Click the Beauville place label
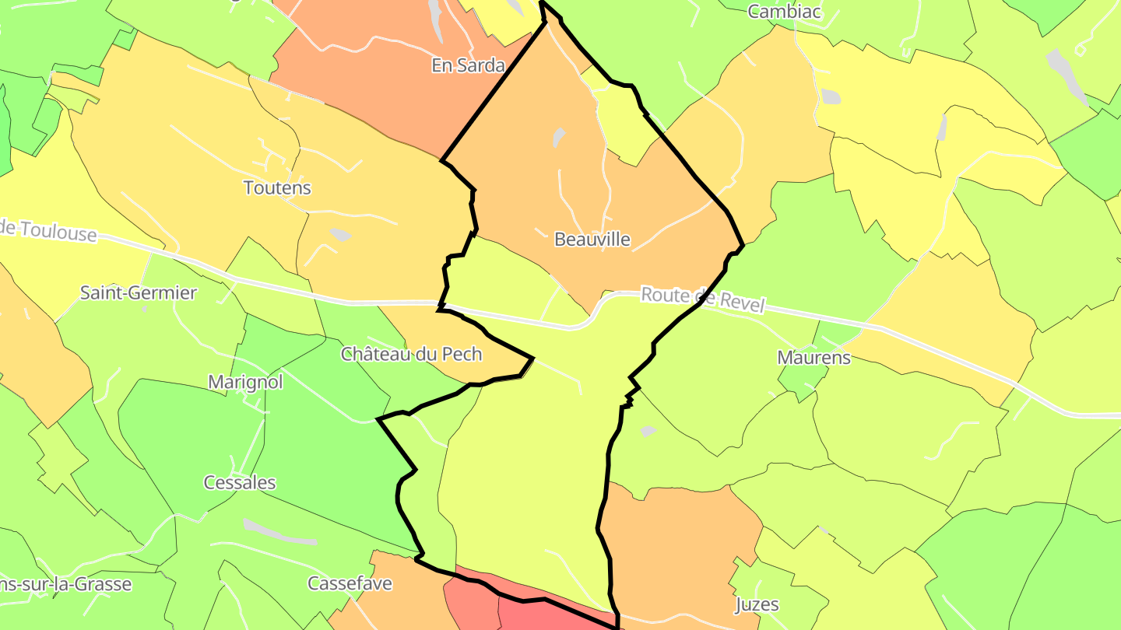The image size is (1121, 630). click(x=592, y=239)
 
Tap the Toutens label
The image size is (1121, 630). click(x=277, y=187)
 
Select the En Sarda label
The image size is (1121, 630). click(x=468, y=65)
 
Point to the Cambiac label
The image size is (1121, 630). click(x=774, y=11)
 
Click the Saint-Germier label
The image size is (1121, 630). click(x=139, y=292)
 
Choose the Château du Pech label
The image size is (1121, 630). click(x=411, y=354)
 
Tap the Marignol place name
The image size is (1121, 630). click(x=245, y=382)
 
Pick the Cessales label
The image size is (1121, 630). click(x=240, y=482)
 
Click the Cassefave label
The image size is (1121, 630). click(x=350, y=583)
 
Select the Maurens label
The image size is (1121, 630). click(x=814, y=358)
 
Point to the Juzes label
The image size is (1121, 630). click(x=757, y=604)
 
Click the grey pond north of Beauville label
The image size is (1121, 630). click(x=558, y=138)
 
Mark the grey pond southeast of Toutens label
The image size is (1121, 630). click(x=340, y=234)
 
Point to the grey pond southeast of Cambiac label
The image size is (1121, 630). click(x=831, y=96)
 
